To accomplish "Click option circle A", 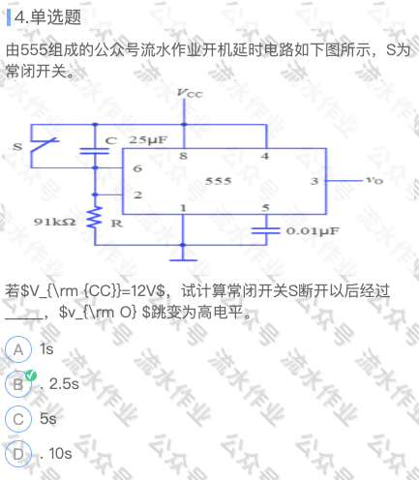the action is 18,349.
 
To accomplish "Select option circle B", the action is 18,384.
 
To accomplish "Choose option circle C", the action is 18,419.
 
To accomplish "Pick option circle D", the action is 18,454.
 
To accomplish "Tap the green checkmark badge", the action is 31,375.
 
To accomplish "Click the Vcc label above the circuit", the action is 190,93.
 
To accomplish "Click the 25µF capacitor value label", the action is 148,140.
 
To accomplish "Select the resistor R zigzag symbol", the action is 95,218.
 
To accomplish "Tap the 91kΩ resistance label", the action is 55,222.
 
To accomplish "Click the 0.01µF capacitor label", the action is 313,231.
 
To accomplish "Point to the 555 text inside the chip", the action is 219,181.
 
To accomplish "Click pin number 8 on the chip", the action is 183,156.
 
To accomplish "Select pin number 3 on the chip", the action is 314,181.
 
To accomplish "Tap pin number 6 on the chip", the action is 137,168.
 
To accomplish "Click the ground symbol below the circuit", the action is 183,257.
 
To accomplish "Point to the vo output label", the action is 374,180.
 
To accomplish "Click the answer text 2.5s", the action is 64,384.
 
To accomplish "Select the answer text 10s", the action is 60,454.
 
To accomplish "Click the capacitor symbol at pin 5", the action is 266,230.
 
